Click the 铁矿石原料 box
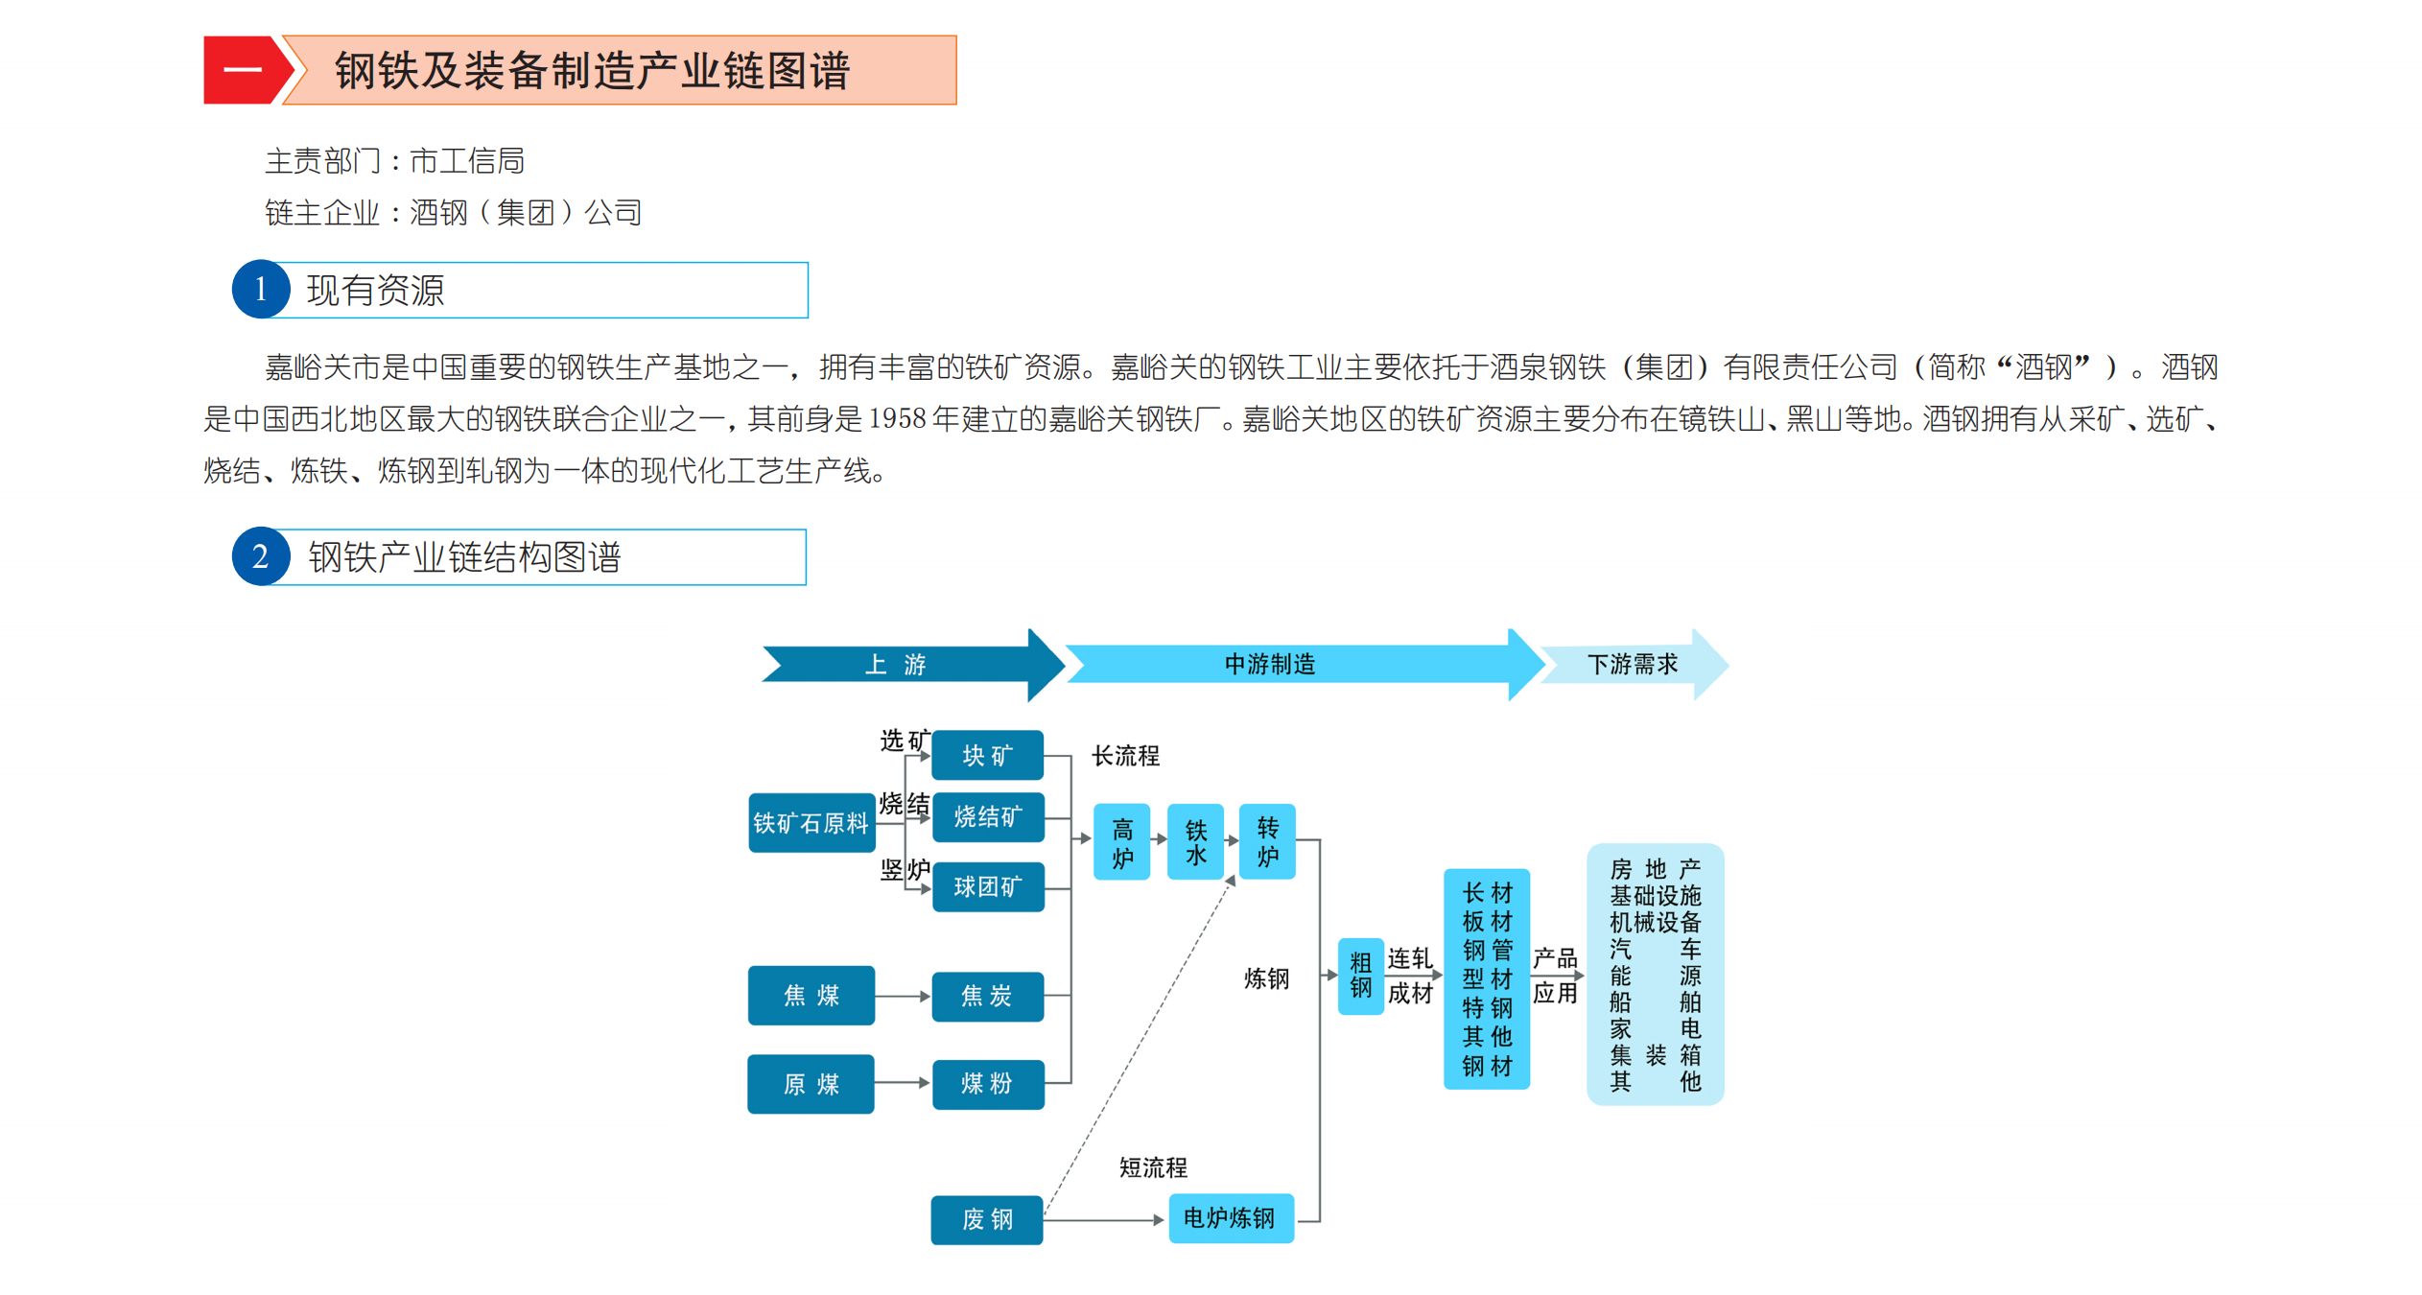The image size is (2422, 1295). (x=811, y=822)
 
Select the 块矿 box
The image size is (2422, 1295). (x=987, y=755)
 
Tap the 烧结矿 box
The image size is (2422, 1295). (x=987, y=816)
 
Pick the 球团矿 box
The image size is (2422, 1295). (x=987, y=886)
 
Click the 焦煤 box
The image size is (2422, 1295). (x=811, y=995)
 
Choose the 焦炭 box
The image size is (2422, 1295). (x=987, y=996)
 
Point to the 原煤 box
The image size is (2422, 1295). (x=811, y=1083)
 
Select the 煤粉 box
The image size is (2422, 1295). (x=987, y=1083)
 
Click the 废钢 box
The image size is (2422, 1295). (x=987, y=1219)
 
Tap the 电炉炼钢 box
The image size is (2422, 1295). (x=1230, y=1218)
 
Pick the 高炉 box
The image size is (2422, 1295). (x=1121, y=841)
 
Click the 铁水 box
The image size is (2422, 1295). (x=1195, y=841)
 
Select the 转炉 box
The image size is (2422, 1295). (x=1267, y=841)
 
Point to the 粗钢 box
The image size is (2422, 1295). (x=1360, y=976)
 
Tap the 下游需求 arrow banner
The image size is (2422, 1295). (x=1633, y=664)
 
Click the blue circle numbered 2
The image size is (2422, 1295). (x=260, y=556)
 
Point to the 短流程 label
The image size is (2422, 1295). (x=1153, y=1167)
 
